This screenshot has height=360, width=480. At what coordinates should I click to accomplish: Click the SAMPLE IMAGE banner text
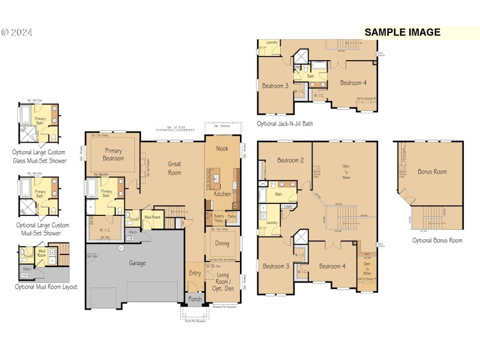(x=403, y=32)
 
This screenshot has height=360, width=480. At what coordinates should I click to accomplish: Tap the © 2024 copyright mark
(x=19, y=32)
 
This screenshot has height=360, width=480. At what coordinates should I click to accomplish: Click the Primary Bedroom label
(x=113, y=154)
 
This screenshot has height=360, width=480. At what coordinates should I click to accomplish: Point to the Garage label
(x=137, y=263)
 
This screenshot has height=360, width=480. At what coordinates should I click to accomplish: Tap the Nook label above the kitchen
(x=222, y=148)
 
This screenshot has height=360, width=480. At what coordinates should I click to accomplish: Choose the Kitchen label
(x=223, y=194)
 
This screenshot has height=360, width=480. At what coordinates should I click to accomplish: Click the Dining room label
(x=222, y=243)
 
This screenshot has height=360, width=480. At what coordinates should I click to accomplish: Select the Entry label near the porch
(x=196, y=273)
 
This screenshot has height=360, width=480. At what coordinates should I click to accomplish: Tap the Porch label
(x=196, y=299)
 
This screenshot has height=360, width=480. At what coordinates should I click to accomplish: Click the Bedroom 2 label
(x=290, y=160)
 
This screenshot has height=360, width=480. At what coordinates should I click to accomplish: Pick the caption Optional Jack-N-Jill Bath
(x=285, y=124)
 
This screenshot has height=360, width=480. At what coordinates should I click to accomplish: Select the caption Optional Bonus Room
(x=437, y=240)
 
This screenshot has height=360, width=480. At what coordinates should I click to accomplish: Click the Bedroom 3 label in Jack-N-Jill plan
(x=275, y=86)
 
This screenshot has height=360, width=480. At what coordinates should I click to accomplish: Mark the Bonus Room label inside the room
(x=432, y=172)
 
